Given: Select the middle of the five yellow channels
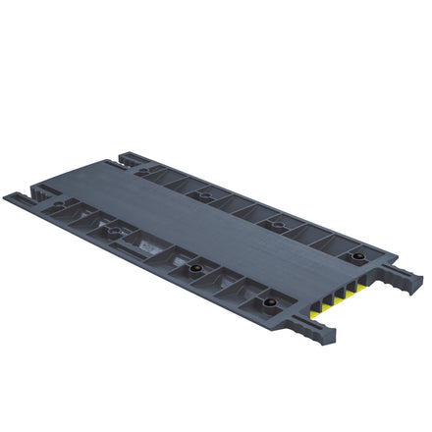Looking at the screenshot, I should click(x=340, y=297).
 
